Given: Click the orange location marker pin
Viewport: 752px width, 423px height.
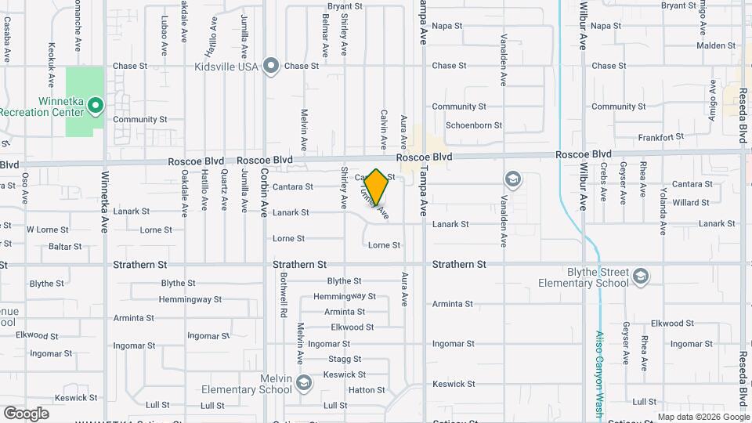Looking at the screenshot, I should (x=377, y=186).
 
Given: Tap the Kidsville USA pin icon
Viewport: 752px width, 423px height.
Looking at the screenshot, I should (x=272, y=66).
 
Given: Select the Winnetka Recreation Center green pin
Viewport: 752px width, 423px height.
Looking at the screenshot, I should (x=95, y=104).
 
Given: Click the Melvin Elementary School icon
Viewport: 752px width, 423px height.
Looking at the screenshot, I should (x=304, y=382).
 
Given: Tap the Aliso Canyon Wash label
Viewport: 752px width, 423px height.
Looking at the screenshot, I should (x=599, y=371).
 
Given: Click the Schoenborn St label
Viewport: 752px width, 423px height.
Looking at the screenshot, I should (x=474, y=125).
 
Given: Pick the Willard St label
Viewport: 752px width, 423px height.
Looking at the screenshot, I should (x=690, y=203).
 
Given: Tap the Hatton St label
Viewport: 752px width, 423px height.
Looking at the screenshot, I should (x=367, y=389).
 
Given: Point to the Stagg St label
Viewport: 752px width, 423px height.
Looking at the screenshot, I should (x=345, y=360).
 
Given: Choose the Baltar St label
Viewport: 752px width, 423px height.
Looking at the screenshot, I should (x=65, y=247).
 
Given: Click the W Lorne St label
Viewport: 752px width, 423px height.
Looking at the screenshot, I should (x=44, y=230).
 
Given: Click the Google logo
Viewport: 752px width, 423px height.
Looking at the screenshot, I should (x=26, y=414).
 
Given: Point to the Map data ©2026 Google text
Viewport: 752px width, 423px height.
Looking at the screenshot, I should (x=703, y=417).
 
